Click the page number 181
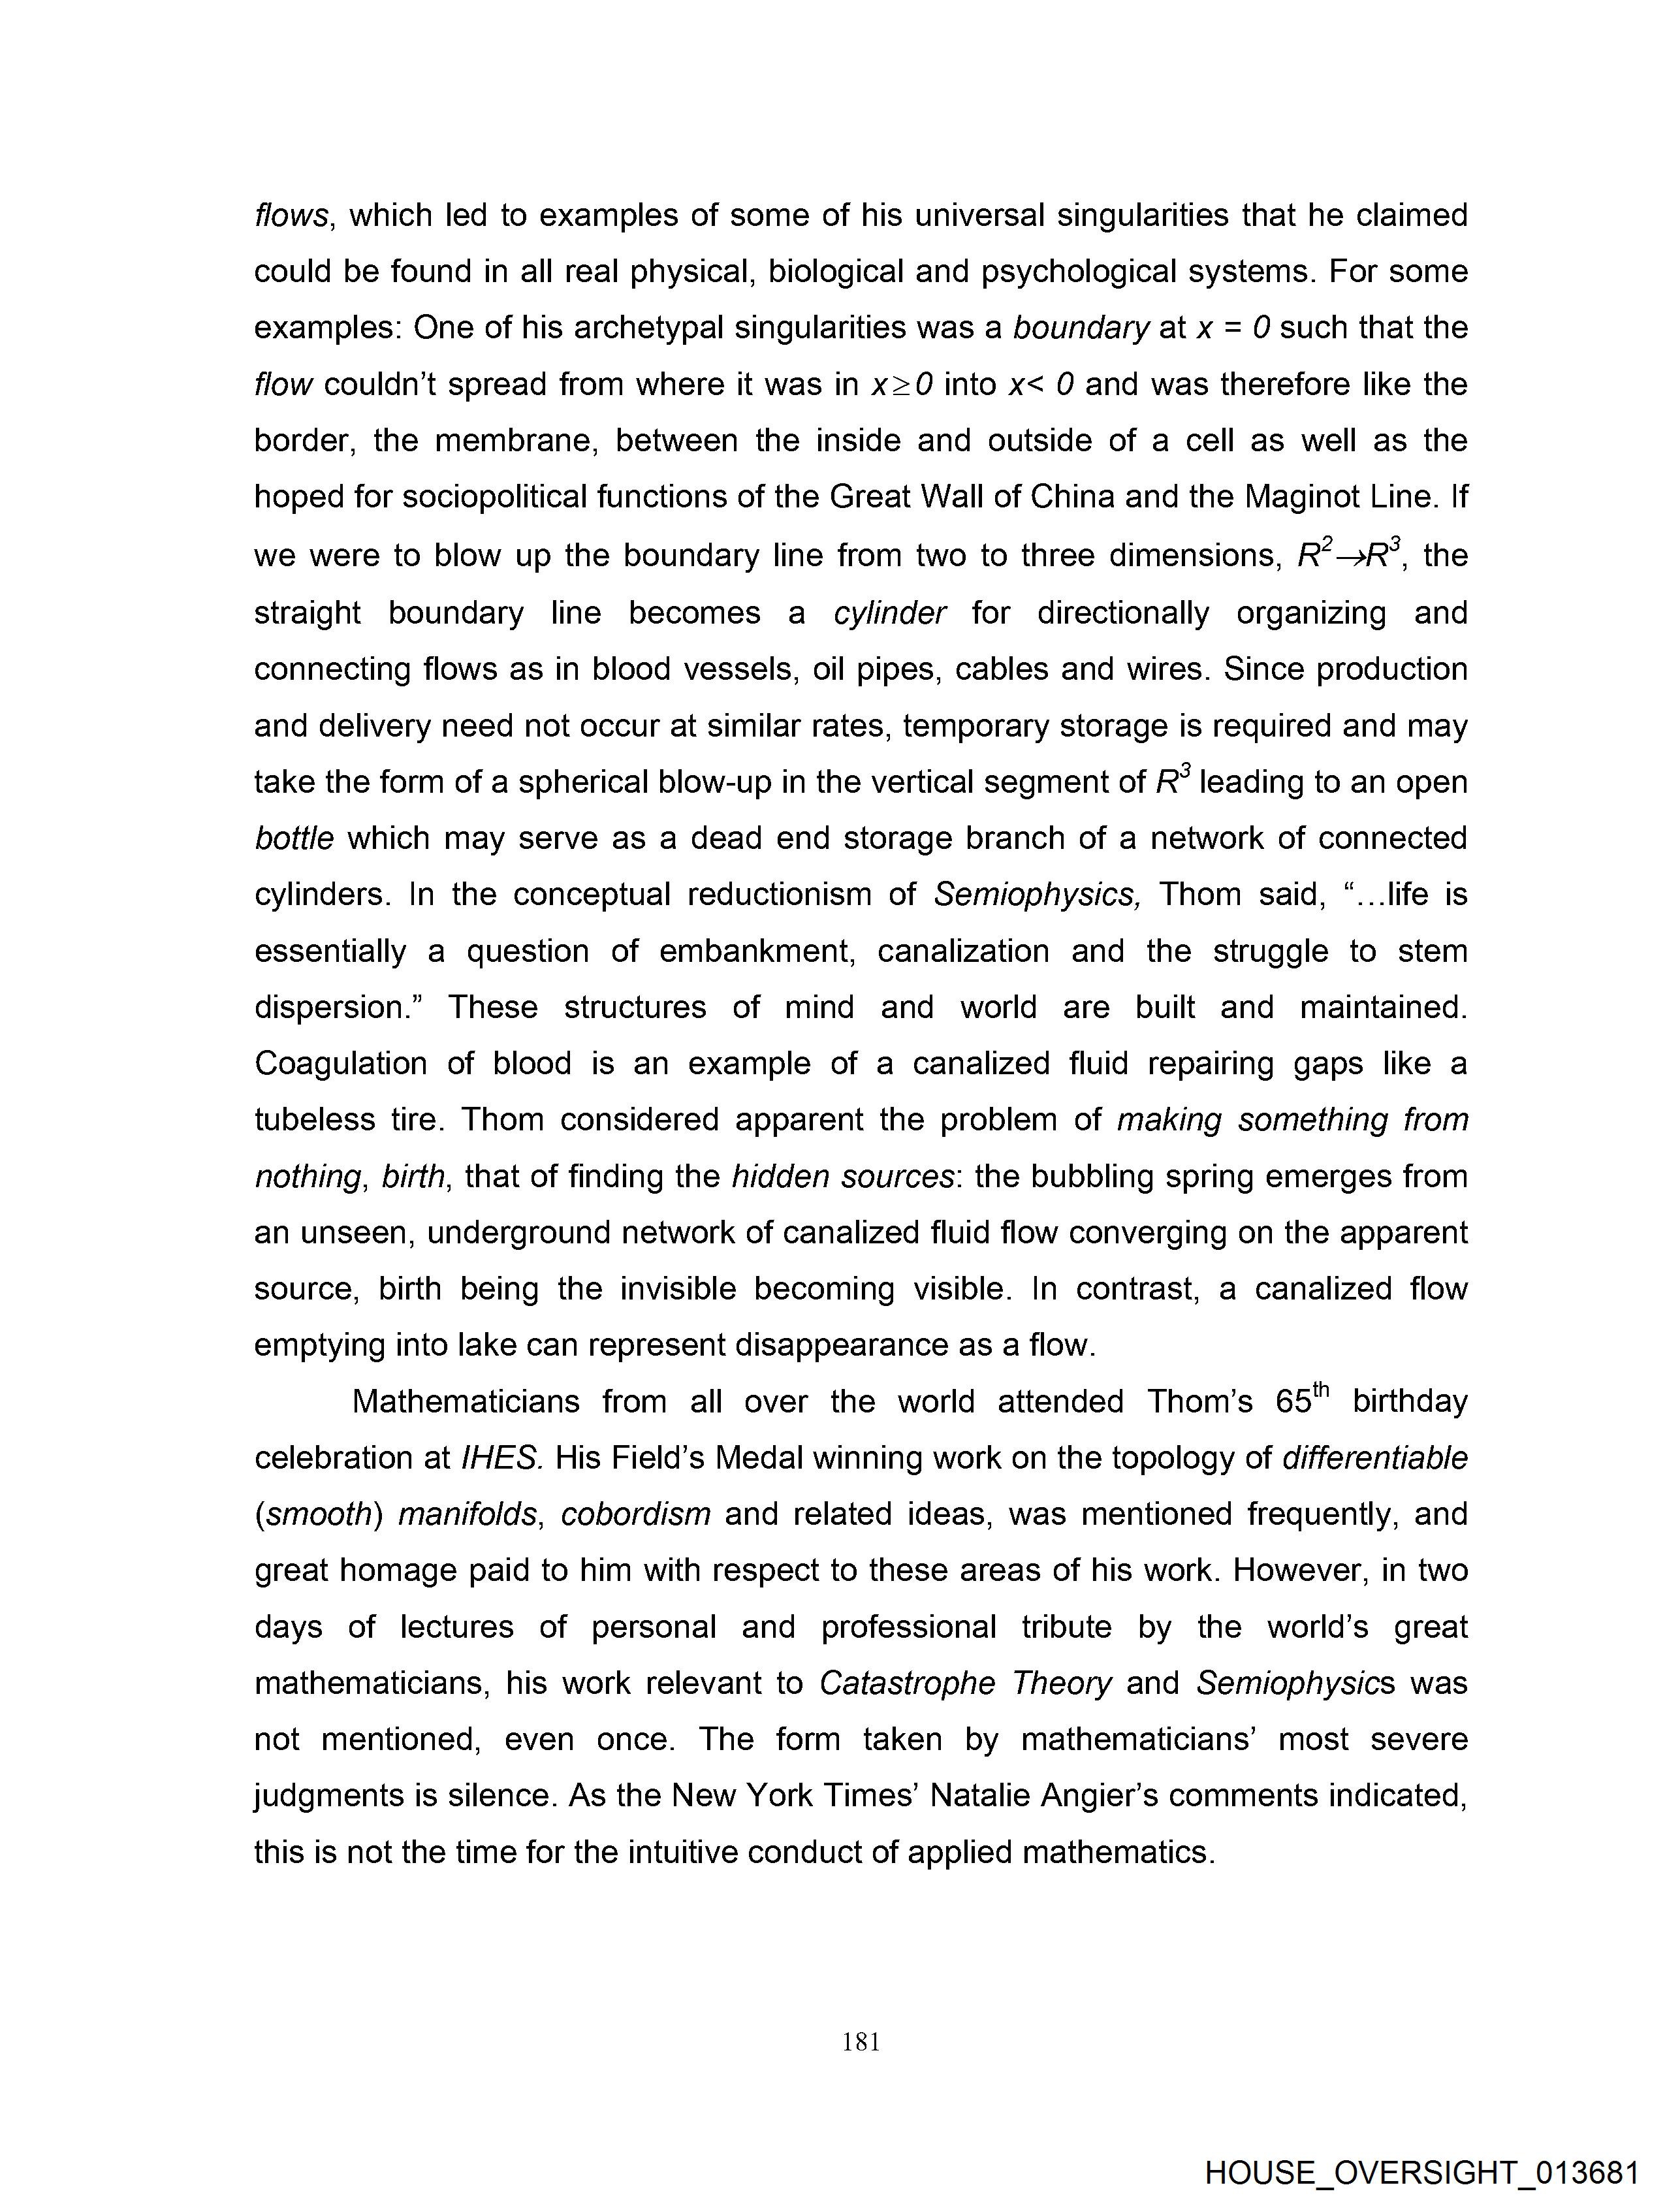click(x=861, y=2042)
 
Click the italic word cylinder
click(x=889, y=613)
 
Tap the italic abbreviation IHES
click(x=501, y=1458)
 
